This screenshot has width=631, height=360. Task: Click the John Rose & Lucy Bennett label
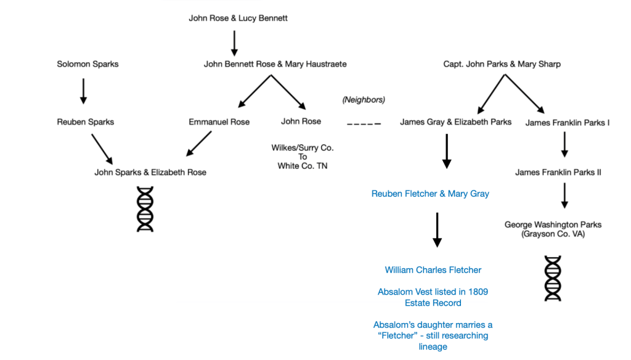(238, 18)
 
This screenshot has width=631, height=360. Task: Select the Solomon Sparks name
(88, 64)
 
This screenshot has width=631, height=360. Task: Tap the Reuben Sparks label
(85, 122)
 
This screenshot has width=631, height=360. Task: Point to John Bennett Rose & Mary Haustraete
(275, 64)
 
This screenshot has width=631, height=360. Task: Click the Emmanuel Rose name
(219, 122)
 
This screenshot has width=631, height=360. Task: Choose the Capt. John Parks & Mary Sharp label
(502, 64)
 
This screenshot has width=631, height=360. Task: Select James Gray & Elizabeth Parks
(455, 122)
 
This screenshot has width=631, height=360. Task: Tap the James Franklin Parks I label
(568, 123)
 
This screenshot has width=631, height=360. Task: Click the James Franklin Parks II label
(558, 173)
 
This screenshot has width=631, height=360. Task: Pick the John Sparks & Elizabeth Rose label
(150, 173)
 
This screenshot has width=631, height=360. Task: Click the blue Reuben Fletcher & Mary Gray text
(430, 194)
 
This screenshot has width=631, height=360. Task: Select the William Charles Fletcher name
(433, 270)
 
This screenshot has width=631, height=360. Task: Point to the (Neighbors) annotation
(364, 100)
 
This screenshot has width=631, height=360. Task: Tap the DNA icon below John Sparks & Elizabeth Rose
(145, 210)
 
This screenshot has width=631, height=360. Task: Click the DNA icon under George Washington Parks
(553, 278)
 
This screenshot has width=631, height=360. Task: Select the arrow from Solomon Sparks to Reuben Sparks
(84, 91)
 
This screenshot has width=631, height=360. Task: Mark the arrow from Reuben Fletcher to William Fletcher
(437, 229)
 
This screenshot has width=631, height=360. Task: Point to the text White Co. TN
(302, 166)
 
